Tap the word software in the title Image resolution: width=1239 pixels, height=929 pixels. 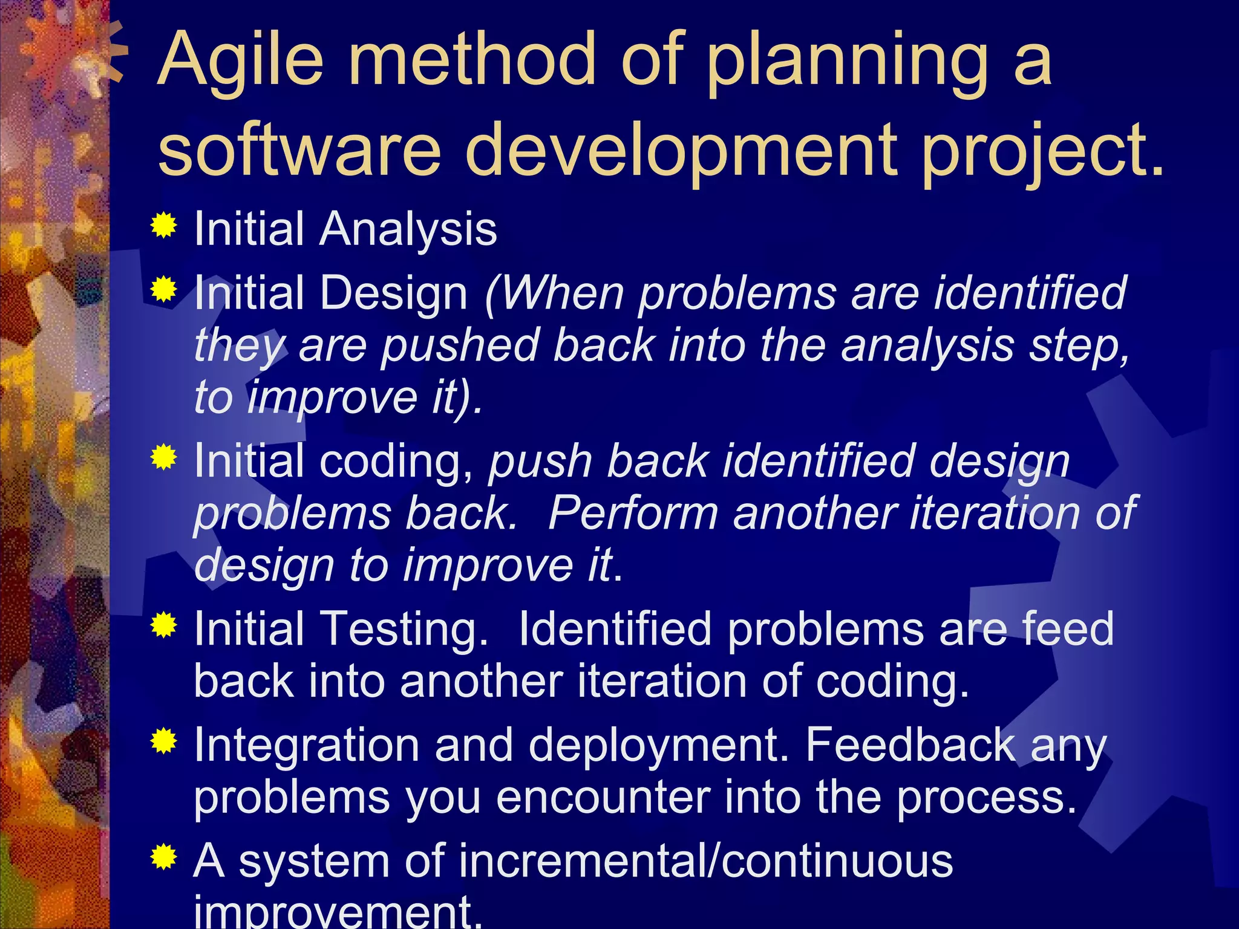[x=299, y=149]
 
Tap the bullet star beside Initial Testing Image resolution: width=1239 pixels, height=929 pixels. [x=163, y=624]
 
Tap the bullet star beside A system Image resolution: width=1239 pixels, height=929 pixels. [x=163, y=856]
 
